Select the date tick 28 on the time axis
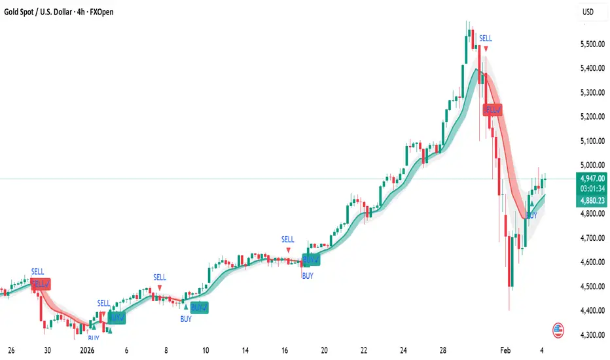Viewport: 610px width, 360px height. (443, 350)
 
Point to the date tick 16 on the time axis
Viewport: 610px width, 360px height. (285, 350)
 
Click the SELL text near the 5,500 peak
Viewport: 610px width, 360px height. (485, 39)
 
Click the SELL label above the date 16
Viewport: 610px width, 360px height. (288, 240)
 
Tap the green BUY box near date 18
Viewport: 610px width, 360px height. (311, 259)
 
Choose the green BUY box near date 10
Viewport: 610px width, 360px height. (199, 308)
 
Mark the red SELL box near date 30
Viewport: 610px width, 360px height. (40, 284)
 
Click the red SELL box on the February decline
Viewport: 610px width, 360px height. (492, 110)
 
